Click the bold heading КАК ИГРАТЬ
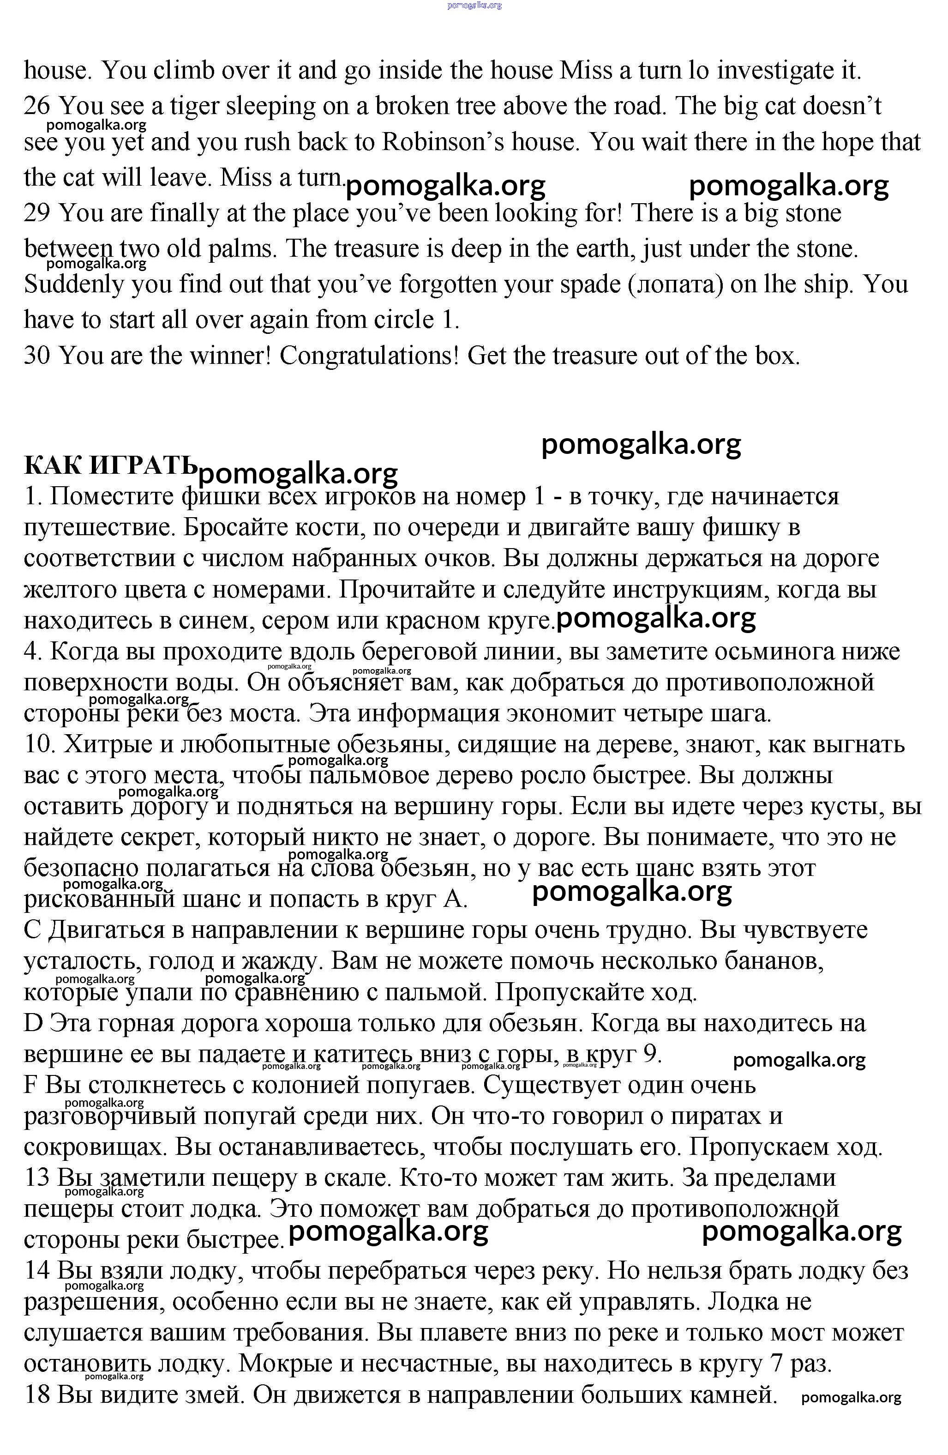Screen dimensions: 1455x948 coord(110,466)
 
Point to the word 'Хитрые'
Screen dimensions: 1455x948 coord(105,745)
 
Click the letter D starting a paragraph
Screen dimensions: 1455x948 coord(32,1023)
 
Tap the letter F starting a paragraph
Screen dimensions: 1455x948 coord(30,1086)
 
